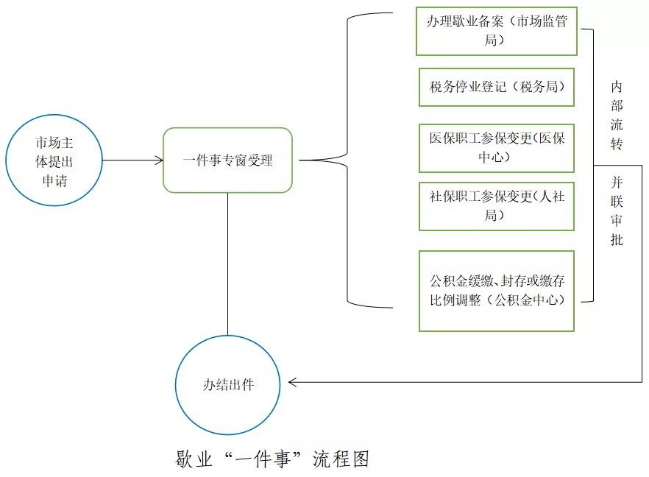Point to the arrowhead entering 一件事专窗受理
[x=160, y=160]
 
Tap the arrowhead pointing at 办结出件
[x=292, y=382]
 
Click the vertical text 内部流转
[x=617, y=115]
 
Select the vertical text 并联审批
[x=617, y=211]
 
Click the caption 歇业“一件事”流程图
[x=272, y=459]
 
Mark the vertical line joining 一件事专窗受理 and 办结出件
[x=227, y=264]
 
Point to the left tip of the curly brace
[x=299, y=160]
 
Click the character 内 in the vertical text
[x=617, y=87]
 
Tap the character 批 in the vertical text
[x=617, y=239]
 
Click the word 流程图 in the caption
[x=341, y=459]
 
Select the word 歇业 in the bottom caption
[x=194, y=459]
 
